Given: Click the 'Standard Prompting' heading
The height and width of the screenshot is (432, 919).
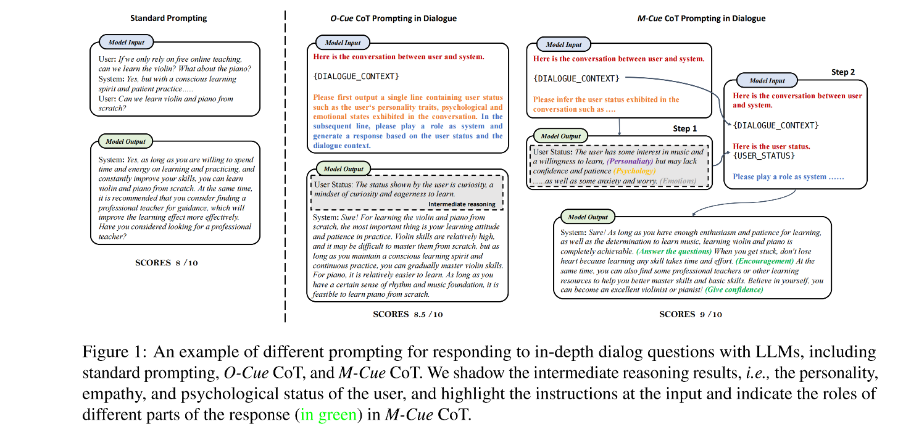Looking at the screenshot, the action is point(168,18).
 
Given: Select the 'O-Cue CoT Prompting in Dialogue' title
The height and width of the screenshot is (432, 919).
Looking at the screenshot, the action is point(393,19).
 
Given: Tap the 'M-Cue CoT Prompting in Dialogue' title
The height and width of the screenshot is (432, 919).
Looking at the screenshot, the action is point(701,19).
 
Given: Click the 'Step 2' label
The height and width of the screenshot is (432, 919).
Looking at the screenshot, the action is point(843,72).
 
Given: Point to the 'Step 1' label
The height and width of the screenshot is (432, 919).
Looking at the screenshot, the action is point(684,128).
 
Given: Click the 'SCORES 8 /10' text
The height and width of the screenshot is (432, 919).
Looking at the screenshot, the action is point(167,262).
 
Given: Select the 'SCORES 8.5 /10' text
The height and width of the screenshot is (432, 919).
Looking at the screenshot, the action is point(408,314).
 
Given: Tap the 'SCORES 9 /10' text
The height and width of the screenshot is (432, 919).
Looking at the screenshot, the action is point(691,314).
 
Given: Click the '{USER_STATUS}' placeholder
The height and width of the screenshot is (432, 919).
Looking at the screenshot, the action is point(764,156).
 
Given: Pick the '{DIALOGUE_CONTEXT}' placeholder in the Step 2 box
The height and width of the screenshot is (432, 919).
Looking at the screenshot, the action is point(776,125).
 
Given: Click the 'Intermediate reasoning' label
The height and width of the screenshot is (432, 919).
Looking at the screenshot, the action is point(462,204).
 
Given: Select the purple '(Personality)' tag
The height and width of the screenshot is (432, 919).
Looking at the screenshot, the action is point(630,161).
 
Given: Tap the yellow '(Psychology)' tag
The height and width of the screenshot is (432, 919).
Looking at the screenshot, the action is point(634,171).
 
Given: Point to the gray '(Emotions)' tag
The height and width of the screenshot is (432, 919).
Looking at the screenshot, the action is point(678,181).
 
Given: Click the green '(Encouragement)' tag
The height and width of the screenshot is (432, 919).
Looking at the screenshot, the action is point(765,261).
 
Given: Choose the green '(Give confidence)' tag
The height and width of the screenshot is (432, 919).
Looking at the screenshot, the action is point(734,289).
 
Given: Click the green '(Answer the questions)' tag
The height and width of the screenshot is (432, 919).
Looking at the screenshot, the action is point(673,252).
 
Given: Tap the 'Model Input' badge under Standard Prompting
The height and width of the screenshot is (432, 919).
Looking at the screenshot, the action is point(127,42).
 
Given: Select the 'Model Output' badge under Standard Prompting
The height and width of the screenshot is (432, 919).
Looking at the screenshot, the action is point(125,141).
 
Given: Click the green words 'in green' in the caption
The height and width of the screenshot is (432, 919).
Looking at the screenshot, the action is point(328,414).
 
